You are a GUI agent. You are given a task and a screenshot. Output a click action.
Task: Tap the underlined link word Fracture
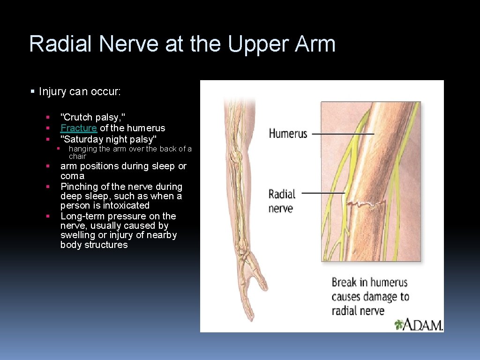click(79, 128)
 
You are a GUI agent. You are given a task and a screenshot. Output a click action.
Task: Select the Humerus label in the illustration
click(288, 134)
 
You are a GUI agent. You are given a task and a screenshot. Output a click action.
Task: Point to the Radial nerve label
click(282, 201)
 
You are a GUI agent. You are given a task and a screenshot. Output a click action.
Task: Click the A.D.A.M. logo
click(419, 324)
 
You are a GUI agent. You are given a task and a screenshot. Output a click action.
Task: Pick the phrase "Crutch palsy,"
click(93, 117)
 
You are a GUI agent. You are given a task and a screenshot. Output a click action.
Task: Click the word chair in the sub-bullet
click(77, 157)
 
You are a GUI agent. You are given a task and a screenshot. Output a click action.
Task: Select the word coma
click(72, 176)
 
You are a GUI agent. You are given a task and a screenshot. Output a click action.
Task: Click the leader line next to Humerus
click(343, 134)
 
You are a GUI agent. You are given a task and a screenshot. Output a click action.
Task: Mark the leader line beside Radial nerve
click(323, 193)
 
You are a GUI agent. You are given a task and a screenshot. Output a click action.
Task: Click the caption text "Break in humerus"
click(369, 283)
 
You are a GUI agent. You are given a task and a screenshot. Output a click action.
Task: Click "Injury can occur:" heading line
click(80, 91)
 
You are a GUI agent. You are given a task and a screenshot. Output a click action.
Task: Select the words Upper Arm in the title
click(282, 44)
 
